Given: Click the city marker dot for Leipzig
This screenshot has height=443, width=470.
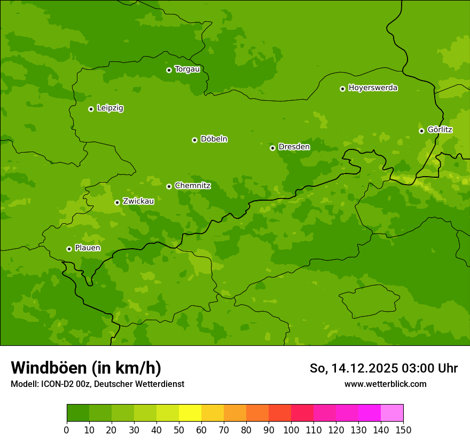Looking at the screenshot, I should pos(91,109).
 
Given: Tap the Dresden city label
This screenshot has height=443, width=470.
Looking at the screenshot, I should pos(294,147).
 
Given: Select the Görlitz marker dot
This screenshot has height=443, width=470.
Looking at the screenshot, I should pos(421,131).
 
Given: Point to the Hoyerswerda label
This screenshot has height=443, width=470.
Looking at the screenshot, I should pos(373,88).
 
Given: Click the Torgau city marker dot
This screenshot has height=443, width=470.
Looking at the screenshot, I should pos(169,70).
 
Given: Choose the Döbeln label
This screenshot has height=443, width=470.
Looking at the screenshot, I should pos(214,139).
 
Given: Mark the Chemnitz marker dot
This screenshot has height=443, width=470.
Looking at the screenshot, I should pos(169,186).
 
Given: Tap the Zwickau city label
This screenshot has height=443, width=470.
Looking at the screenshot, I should pos(138,201).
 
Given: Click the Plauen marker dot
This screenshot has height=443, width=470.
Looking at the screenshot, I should pos(69,249).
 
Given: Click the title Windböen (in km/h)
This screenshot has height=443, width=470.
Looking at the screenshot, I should pos(86,368).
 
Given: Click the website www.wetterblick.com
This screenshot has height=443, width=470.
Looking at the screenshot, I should pos(385,384).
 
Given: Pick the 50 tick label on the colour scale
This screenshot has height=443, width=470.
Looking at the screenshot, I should pos(179,430).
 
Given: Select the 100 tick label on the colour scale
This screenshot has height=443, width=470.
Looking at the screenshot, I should pos(291,430).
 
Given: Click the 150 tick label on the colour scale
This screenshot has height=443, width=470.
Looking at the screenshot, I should pos(403,430).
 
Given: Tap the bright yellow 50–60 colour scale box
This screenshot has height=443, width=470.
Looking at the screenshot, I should pos(190,413).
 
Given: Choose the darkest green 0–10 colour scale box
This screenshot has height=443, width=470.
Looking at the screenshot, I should pos(78,413).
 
